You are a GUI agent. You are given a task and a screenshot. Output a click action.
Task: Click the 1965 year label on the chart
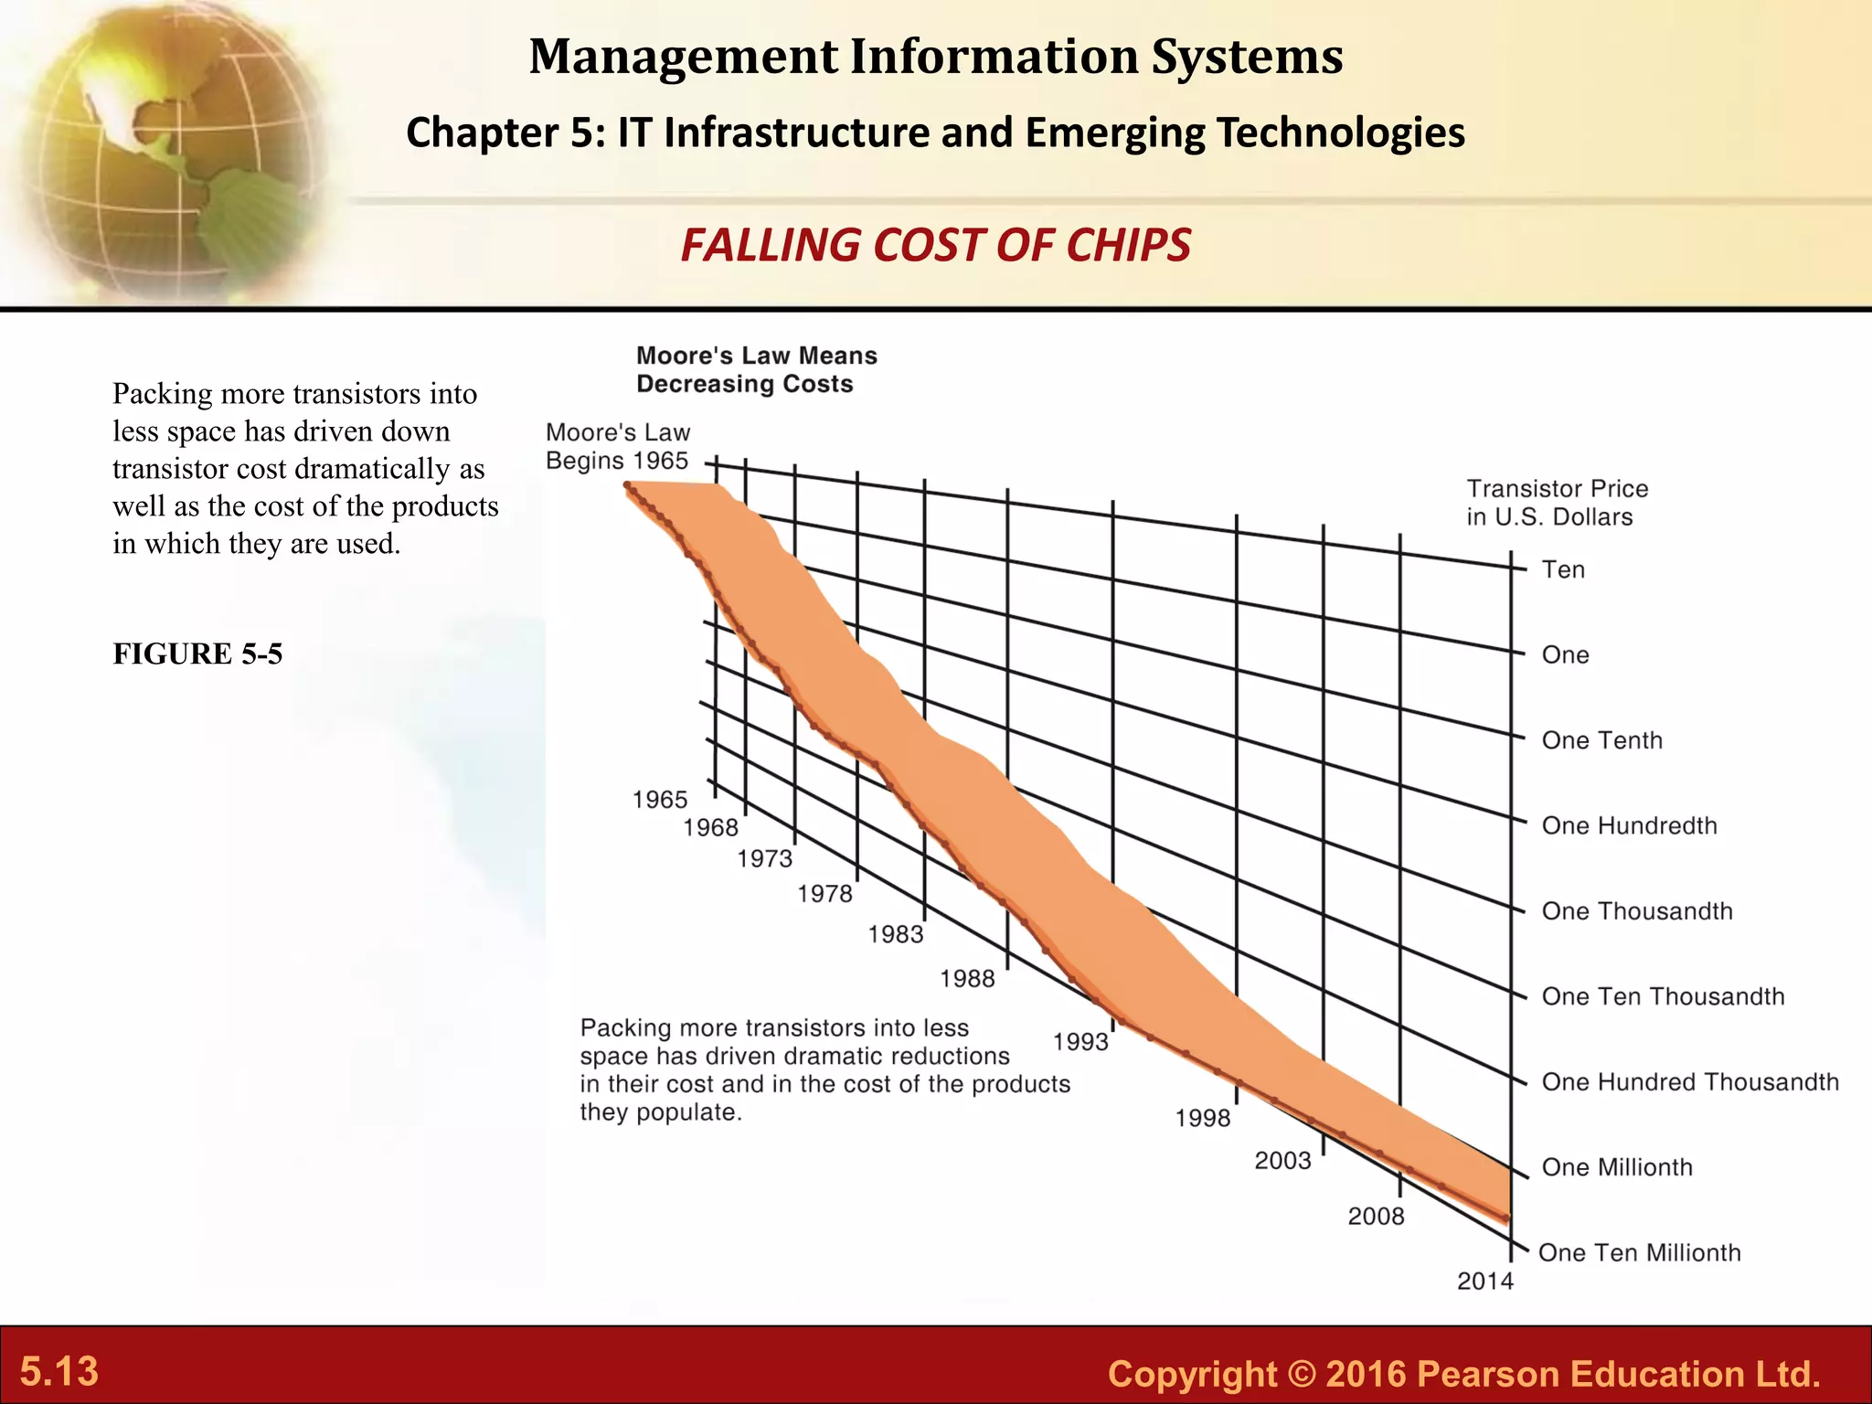(x=660, y=800)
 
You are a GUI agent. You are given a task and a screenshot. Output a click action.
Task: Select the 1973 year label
(x=765, y=859)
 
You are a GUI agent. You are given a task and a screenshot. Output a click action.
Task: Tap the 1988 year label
(x=967, y=979)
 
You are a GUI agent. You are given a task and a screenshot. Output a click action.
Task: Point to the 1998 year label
(x=1203, y=1119)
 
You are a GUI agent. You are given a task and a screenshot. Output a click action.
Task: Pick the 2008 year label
(x=1376, y=1217)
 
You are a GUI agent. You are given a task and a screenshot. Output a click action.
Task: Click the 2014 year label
(x=1485, y=1282)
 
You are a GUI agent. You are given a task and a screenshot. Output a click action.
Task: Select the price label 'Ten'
(x=1563, y=570)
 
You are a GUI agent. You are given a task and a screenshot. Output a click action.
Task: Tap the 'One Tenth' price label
(x=1601, y=740)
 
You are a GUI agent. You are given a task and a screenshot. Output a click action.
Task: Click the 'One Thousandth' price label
(x=1637, y=911)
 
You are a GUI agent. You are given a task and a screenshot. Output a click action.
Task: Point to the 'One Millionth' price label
(x=1617, y=1167)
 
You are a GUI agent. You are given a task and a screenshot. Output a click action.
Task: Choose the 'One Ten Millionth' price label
(x=1640, y=1253)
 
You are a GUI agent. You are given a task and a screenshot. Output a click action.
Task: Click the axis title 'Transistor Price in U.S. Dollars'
(x=1558, y=503)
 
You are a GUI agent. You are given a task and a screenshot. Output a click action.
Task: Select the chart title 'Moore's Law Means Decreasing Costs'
(x=757, y=369)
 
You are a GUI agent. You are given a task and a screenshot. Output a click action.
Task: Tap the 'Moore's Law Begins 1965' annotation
(x=618, y=446)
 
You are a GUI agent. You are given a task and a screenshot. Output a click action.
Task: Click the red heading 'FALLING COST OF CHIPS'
(x=935, y=246)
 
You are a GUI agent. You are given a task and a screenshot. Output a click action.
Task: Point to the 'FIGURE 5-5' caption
(x=197, y=654)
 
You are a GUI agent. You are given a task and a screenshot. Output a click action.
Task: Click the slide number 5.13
(x=59, y=1372)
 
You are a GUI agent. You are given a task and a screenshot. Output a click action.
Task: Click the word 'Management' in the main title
(x=683, y=57)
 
